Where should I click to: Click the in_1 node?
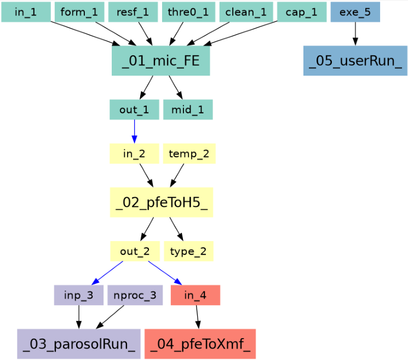[26, 12]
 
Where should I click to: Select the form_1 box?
[79, 12]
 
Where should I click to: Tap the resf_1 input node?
[133, 12]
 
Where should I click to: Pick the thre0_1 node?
[188, 12]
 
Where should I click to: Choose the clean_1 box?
[246, 12]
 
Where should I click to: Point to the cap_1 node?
[302, 12]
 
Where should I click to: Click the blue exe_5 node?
[355, 12]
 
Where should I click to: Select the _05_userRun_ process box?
[355, 60]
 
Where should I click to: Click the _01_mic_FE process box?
[160, 60]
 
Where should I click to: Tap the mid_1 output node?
[188, 110]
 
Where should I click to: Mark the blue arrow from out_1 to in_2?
[134, 132]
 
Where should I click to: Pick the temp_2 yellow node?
[189, 154]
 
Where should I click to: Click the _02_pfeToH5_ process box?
[162, 203]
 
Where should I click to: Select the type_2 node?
[188, 252]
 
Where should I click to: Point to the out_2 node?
[135, 252]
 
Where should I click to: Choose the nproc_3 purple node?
[135, 295]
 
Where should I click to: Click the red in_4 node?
[196, 295]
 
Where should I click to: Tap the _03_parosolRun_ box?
[79, 344]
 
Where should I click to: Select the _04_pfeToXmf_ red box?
[200, 344]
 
